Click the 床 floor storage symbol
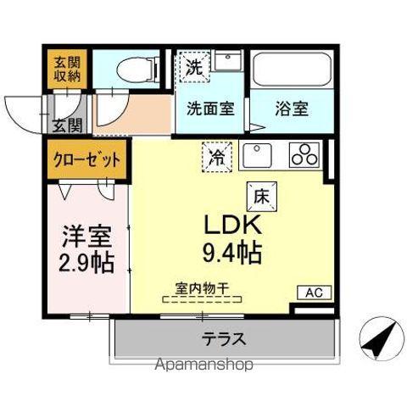[x=259, y=194]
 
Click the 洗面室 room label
[x=212, y=109]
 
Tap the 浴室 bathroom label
[x=292, y=109]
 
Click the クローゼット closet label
[x=88, y=160]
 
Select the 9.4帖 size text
[x=230, y=253]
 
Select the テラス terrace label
[x=224, y=340]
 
